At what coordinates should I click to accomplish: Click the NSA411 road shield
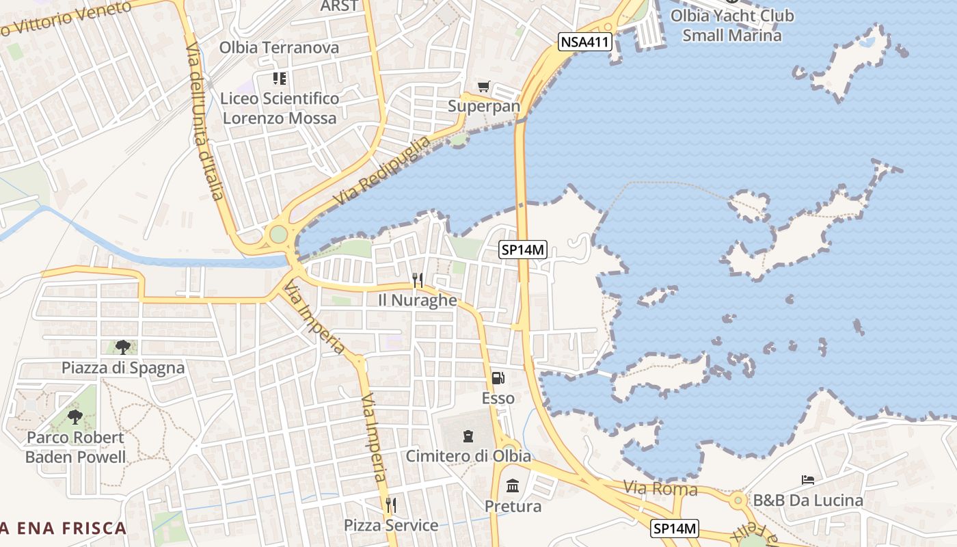584,42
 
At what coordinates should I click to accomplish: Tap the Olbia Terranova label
279,47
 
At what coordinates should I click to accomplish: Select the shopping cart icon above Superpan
484,86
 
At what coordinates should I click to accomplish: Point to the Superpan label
484,106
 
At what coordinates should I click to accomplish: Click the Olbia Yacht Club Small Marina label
731,25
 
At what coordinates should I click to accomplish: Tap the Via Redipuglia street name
383,171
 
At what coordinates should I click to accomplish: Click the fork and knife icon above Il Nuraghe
418,280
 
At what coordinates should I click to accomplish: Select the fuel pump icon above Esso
498,378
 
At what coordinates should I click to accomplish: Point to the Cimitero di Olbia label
468,455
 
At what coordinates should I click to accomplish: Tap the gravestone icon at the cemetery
468,436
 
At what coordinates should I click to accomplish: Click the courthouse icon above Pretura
513,486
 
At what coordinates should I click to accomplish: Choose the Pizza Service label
391,525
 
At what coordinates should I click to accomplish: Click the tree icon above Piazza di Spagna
122,347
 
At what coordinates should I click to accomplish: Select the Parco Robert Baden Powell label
75,447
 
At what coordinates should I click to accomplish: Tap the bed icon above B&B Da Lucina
807,480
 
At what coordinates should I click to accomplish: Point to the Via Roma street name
660,489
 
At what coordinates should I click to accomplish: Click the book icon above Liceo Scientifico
279,79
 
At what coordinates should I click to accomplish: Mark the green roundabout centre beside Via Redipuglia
278,235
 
